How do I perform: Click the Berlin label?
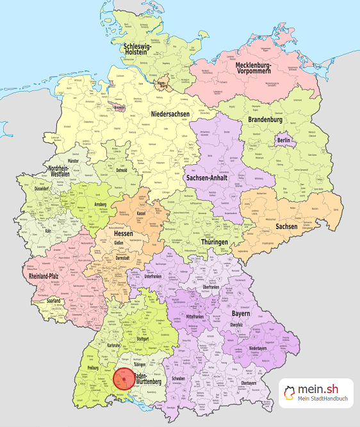click(x=283, y=140)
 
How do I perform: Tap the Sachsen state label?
click(x=286, y=226)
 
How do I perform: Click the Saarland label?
click(x=54, y=301)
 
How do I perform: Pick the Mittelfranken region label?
click(x=199, y=316)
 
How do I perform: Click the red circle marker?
click(x=124, y=379)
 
